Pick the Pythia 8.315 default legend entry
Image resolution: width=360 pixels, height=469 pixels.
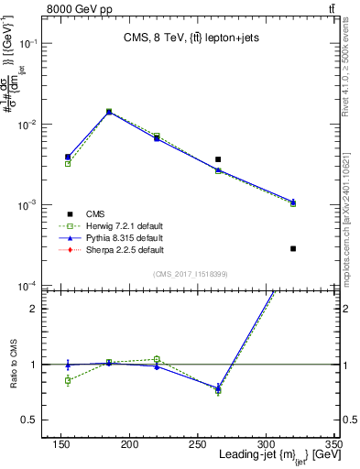[123, 237]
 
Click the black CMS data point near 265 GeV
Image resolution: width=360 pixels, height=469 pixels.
[218, 159]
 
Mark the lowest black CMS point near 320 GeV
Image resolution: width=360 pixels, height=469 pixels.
[293, 248]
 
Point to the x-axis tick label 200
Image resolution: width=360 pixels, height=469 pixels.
[130, 444]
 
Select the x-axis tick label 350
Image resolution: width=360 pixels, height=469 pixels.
[333, 444]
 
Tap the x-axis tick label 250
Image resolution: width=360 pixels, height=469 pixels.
[198, 444]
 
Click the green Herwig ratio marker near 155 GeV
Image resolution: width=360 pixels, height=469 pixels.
[68, 380]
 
